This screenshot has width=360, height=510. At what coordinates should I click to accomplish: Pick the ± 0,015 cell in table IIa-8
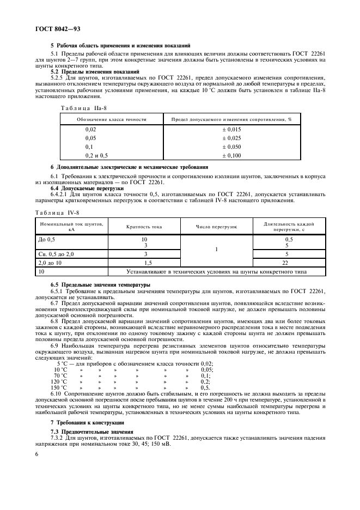click(231, 129)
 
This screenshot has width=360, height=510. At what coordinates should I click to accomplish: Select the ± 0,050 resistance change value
click(231, 147)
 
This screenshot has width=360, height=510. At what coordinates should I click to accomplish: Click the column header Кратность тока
click(144, 226)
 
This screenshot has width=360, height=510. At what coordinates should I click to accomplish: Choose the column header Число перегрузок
click(217, 226)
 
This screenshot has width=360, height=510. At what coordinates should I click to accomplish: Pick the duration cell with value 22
click(289, 262)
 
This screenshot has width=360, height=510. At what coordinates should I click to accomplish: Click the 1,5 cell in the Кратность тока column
click(144, 262)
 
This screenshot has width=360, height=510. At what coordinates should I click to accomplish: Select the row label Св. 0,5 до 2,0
click(56, 253)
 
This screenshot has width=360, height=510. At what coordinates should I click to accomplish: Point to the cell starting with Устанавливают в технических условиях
click(217, 271)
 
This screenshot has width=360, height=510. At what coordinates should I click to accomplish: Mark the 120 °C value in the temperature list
click(59, 382)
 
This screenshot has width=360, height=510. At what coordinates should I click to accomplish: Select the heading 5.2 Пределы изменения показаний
click(88, 72)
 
